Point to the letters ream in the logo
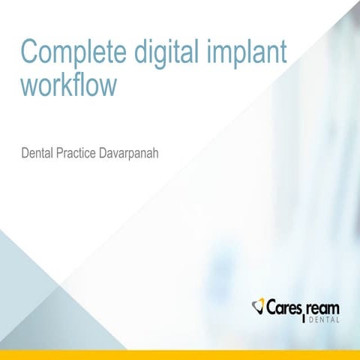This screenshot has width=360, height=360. coord(323,307)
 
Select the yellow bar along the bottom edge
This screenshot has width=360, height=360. coord(180,355)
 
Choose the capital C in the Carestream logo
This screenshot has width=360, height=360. coord(271,307)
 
